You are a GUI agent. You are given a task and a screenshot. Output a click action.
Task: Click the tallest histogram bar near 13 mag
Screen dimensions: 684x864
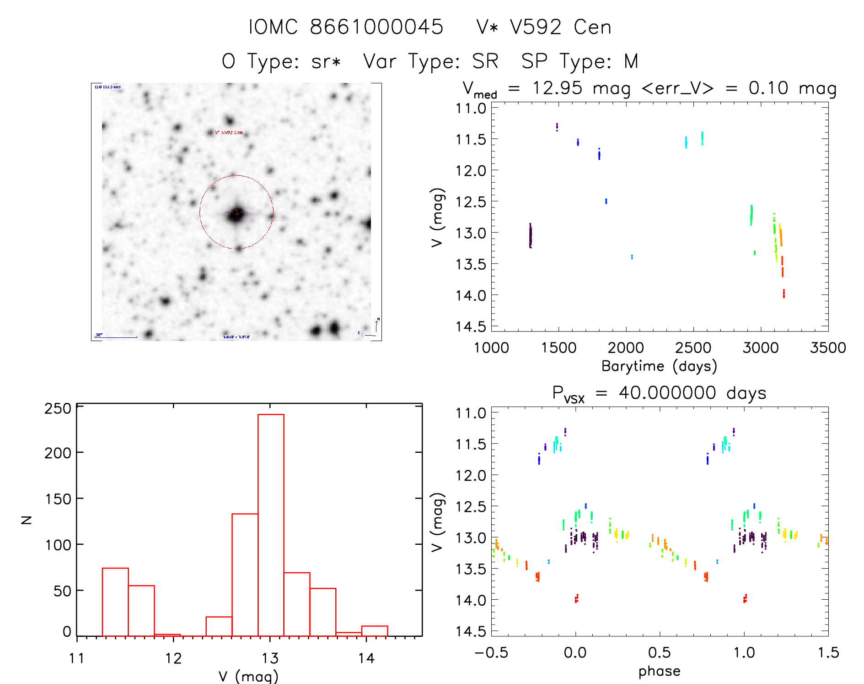point(271,525)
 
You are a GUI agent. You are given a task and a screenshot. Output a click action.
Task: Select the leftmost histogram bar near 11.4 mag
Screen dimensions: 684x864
point(115,602)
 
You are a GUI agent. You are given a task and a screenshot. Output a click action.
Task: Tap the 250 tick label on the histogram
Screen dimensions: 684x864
point(58,408)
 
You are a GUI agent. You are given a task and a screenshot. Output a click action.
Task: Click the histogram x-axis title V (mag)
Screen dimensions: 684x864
point(248,676)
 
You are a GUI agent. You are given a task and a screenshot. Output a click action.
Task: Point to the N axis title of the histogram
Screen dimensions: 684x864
point(27,520)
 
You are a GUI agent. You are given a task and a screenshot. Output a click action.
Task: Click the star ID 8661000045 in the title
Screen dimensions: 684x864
point(376,27)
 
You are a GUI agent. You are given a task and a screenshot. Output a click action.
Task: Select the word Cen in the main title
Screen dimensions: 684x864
point(592,27)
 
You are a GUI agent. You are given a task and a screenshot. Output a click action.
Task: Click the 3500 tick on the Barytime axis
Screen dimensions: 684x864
point(827,348)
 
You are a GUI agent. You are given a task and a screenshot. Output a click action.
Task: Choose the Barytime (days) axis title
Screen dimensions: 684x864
point(659,366)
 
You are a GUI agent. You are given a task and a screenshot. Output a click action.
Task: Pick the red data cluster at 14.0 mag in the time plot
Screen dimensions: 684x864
point(784,293)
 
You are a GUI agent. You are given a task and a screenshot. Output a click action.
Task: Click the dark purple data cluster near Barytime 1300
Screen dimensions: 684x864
point(531,236)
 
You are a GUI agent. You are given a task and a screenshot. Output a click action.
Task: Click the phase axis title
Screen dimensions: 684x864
point(659,671)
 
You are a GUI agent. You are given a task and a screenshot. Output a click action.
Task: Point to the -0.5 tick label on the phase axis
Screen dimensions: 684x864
point(491,653)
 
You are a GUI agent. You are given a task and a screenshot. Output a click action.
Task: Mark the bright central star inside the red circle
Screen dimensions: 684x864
point(236,213)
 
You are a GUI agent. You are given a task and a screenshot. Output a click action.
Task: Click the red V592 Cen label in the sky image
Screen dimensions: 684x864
point(229,132)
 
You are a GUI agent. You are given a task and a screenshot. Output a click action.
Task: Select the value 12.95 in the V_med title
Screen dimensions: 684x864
point(557,88)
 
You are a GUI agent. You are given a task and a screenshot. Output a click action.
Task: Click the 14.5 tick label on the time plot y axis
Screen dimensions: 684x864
point(471,326)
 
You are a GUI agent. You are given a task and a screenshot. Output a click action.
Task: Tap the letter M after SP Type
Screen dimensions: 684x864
point(631,61)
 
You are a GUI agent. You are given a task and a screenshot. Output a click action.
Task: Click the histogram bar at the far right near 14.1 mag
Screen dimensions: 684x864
point(375,631)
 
